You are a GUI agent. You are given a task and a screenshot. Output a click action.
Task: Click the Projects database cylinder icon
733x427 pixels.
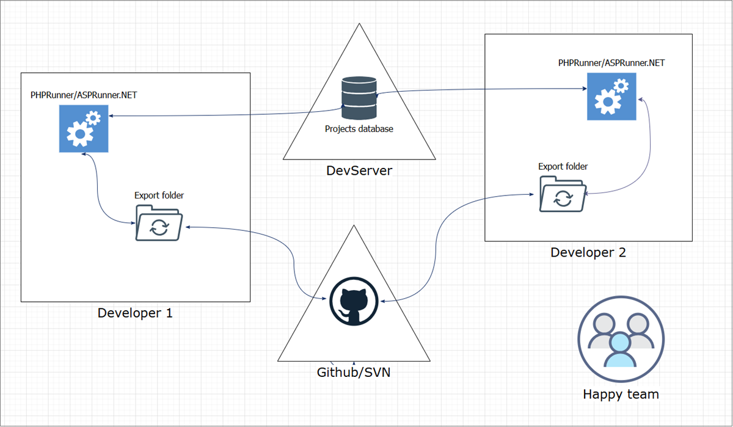(359, 98)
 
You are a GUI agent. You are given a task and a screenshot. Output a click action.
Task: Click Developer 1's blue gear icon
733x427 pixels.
(84, 128)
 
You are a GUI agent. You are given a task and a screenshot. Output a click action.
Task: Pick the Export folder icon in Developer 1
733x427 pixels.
(159, 223)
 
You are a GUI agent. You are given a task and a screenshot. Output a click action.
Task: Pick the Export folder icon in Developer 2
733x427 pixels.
(562, 194)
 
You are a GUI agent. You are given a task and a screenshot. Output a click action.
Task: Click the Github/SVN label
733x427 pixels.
(353, 372)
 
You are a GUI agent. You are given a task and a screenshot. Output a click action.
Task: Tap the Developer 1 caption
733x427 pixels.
(135, 313)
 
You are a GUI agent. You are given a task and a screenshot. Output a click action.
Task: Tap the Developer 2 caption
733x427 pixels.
(588, 252)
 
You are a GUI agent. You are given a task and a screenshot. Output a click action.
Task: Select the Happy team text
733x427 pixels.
(621, 394)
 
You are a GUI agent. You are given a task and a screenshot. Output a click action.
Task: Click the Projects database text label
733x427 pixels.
(359, 129)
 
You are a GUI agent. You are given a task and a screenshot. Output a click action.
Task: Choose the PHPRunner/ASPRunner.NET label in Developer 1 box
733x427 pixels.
(84, 95)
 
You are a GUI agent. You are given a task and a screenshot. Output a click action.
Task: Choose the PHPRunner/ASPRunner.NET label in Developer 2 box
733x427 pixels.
(611, 62)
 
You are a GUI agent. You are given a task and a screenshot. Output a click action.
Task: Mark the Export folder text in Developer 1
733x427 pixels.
(159, 195)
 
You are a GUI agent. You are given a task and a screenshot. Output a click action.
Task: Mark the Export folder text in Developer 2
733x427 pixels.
(563, 166)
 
